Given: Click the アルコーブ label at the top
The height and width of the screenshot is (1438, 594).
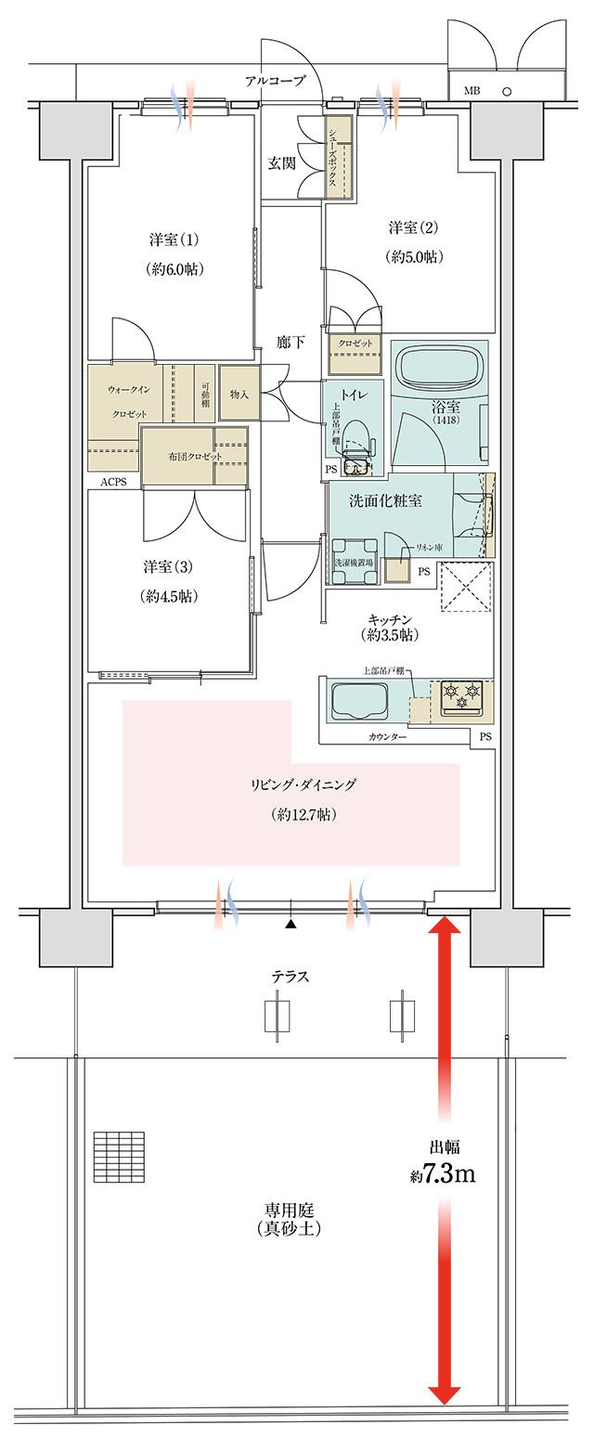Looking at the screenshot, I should click(275, 82).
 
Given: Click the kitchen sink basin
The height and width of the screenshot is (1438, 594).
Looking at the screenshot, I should click(359, 701).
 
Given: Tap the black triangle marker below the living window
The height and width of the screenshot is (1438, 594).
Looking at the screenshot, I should click(291, 924).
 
